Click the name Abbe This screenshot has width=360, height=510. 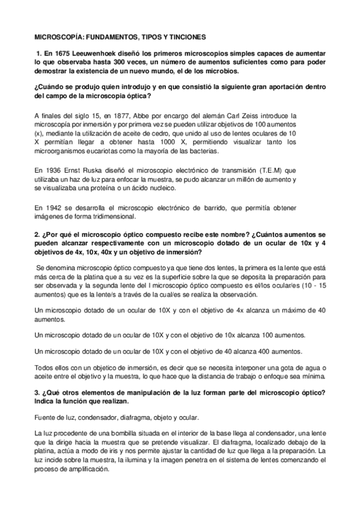tap(133, 115)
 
